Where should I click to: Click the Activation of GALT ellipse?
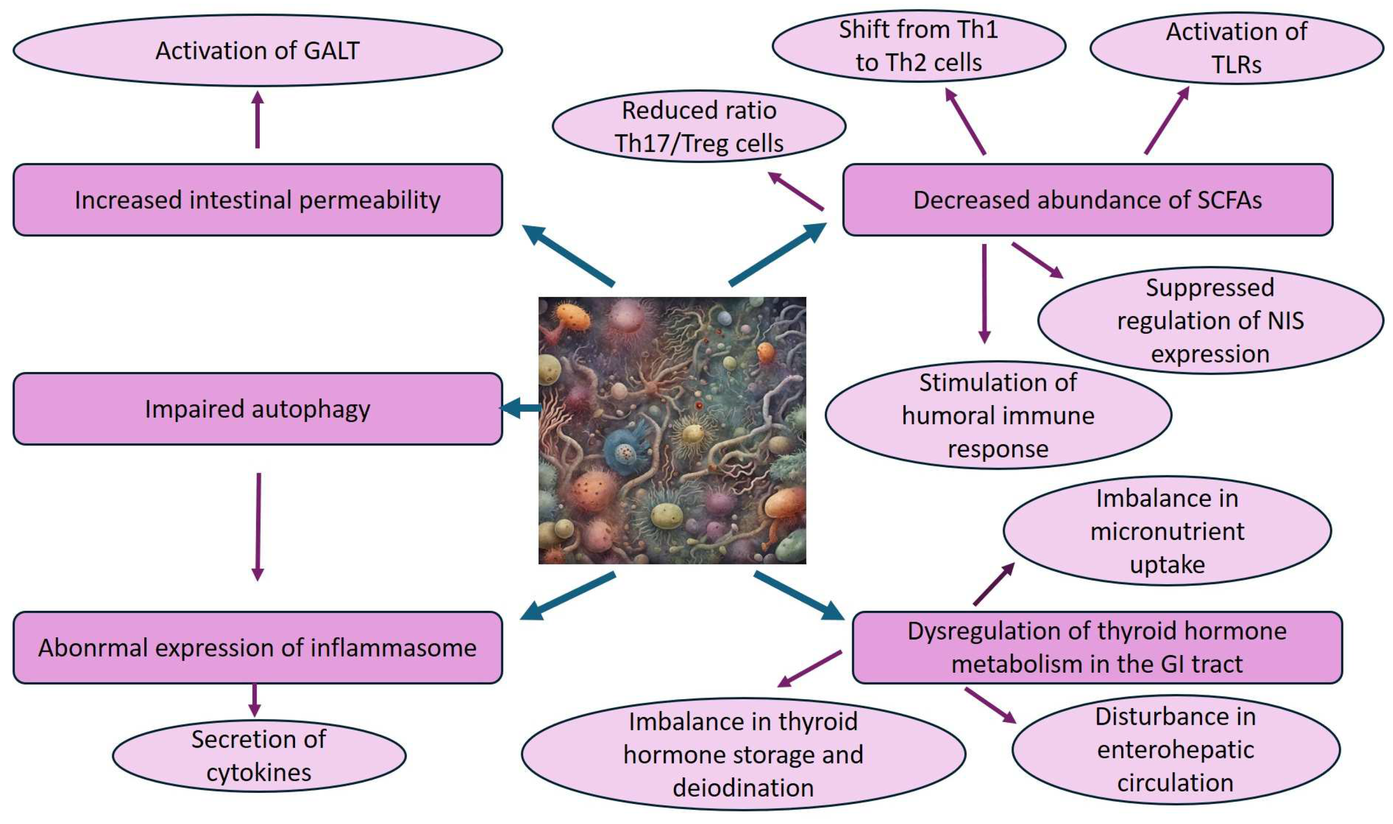point(257,51)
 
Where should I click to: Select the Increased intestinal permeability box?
point(257,200)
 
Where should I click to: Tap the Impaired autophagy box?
point(257,409)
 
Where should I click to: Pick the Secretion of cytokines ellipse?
point(259,756)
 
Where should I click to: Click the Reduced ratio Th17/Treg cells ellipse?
point(699,127)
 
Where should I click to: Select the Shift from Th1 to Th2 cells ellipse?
point(918,46)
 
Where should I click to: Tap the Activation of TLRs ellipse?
point(1237,48)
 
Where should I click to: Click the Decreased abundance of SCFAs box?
point(1087,200)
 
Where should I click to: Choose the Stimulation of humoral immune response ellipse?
point(998,415)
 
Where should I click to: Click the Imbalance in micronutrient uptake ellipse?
point(1167,531)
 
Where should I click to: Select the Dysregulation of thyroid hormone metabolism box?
point(1097,648)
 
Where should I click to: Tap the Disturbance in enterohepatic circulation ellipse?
point(1176,750)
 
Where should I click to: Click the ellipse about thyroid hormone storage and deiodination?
point(743,755)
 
